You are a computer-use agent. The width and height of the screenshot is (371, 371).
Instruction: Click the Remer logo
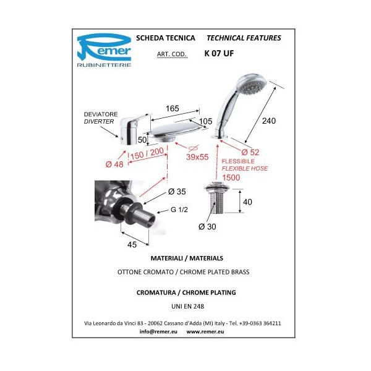click(104, 51)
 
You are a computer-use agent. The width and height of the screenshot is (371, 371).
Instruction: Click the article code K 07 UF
click(219, 53)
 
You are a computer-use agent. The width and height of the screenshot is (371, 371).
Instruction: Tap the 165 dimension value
click(173, 109)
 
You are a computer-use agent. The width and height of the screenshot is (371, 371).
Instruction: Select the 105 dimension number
click(205, 121)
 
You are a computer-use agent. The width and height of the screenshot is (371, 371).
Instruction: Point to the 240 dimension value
click(269, 121)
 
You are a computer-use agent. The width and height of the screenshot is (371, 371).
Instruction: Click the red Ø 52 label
click(250, 152)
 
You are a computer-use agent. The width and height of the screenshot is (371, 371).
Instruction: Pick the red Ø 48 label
click(114, 164)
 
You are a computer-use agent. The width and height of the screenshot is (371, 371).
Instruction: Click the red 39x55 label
click(197, 157)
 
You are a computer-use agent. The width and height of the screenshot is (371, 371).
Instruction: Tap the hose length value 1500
click(231, 177)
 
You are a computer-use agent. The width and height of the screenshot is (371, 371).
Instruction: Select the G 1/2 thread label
click(179, 210)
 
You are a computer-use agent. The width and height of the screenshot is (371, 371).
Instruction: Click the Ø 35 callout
click(177, 192)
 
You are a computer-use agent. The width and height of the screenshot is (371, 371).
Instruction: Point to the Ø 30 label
click(207, 227)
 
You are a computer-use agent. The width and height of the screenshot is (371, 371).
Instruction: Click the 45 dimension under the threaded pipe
click(132, 245)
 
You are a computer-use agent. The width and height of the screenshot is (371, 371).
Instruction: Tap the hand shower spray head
click(252, 84)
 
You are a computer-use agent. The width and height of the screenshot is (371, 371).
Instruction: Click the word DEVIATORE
click(101, 114)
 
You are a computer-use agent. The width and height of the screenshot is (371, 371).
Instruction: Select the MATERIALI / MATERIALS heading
click(187, 258)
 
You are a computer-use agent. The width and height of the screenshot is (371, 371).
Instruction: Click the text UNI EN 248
click(187, 307)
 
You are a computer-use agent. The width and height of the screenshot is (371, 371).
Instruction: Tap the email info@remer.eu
click(158, 331)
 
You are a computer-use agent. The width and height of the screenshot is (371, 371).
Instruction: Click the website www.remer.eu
click(205, 331)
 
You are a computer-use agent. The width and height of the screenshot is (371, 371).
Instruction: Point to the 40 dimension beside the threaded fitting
click(247, 202)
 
